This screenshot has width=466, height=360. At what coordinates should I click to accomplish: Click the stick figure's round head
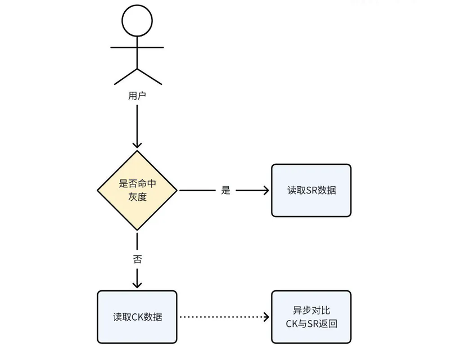coord(137,21)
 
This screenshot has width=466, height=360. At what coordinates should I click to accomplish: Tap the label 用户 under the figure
coord(137,96)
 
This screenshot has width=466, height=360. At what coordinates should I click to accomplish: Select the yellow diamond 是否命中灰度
coord(137,190)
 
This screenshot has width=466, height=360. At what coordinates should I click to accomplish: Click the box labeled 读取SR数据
coord(311,190)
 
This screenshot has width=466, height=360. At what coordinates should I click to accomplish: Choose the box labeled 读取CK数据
coord(137,317)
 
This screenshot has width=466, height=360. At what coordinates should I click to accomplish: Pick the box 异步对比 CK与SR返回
coord(311,317)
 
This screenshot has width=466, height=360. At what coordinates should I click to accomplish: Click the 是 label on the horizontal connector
coord(225,190)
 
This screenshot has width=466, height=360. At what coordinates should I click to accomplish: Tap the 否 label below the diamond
coord(137,259)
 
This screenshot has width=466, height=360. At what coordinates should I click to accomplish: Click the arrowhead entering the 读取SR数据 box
coord(266,190)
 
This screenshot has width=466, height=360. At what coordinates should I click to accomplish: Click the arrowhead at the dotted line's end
coord(266,317)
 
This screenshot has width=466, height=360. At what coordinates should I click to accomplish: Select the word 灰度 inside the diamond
coord(137,197)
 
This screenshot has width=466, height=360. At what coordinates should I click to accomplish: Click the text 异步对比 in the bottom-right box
coord(311,310)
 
